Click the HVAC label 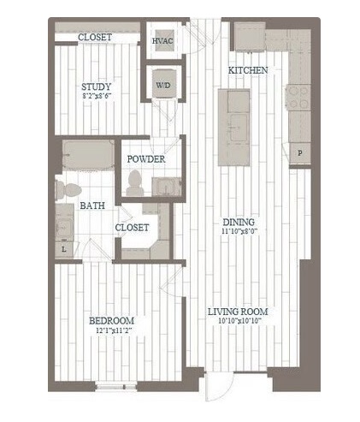coord(162,41)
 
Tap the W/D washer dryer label coord(163,85)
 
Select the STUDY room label coord(96,86)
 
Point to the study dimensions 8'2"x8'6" coord(97,96)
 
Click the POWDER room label coord(146,159)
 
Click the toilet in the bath coord(68,190)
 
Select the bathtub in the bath coord(88,155)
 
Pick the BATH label coord(92,205)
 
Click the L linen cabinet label coord(64,249)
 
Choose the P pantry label coord(300,153)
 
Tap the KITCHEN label coord(248,70)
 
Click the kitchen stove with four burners coord(298,98)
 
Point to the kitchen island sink coord(239,128)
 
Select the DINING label coord(239,222)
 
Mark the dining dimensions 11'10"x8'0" coord(239,231)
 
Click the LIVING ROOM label coord(238,312)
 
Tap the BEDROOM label coord(111,321)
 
